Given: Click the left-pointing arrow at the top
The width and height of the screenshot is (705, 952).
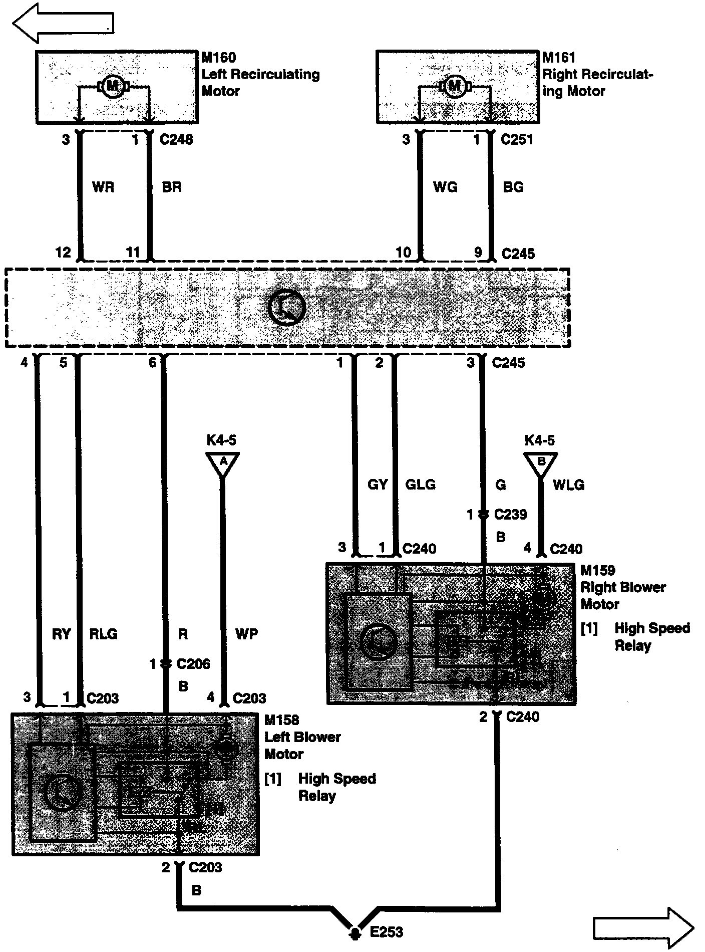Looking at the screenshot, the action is pyautogui.click(x=63, y=24).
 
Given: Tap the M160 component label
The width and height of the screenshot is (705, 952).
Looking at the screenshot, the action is pyautogui.click(x=219, y=58).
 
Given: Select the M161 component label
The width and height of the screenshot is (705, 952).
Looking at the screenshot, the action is pyautogui.click(x=559, y=58).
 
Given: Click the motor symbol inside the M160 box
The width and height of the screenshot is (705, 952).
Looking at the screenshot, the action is pyautogui.click(x=113, y=87).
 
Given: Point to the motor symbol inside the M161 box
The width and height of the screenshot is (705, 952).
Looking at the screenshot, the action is pyautogui.click(x=455, y=86).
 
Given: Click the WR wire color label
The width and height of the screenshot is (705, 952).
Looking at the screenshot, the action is pyautogui.click(x=103, y=187).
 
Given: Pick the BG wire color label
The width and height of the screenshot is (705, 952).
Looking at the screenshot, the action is pyautogui.click(x=513, y=187).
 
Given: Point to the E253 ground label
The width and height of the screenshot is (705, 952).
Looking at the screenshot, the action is pyautogui.click(x=386, y=932).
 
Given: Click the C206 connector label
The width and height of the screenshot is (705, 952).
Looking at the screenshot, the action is pyautogui.click(x=193, y=664).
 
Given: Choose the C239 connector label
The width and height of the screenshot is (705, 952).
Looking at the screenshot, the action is pyautogui.click(x=511, y=515).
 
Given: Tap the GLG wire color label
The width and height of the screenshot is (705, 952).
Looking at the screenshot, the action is pyautogui.click(x=420, y=485).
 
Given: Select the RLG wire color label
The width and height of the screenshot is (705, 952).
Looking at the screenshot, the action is pyautogui.click(x=103, y=634).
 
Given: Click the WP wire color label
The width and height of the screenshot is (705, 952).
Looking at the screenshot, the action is pyautogui.click(x=246, y=634).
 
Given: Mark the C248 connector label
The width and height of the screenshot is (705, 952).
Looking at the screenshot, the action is pyautogui.click(x=176, y=139).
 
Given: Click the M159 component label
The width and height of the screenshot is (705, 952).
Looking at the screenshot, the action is pyautogui.click(x=597, y=570).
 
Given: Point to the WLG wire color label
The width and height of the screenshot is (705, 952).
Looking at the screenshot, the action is pyautogui.click(x=568, y=485).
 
